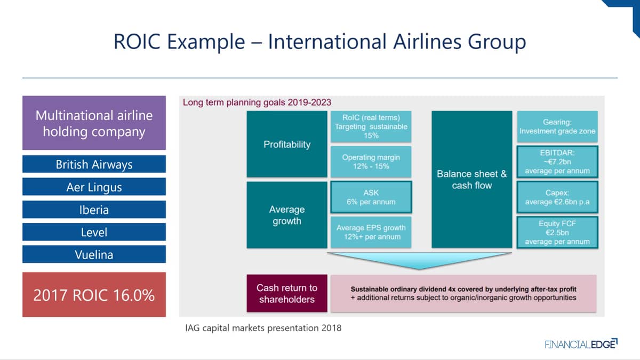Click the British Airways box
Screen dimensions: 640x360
[94, 164]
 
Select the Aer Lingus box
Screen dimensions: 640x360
[94, 187]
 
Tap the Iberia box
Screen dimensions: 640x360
[94, 210]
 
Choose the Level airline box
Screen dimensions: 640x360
[94, 232]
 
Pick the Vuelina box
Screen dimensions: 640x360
[94, 254]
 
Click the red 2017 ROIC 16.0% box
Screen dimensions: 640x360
[94, 294]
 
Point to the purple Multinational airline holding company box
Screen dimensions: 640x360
[94, 123]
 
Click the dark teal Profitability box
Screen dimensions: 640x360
[287, 144]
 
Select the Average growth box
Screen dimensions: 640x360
[287, 215]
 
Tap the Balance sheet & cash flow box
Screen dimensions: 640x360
[471, 179]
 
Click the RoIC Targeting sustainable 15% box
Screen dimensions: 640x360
[371, 126]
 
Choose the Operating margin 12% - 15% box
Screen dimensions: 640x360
[371, 162]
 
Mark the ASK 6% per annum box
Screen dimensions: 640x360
[371, 197]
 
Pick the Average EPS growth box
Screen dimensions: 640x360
[371, 233]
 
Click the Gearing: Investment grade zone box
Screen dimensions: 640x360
[557, 126]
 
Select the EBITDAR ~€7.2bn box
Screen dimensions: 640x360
[557, 162]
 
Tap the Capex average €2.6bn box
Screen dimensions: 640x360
[557, 197]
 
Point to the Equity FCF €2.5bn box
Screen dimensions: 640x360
[557, 233]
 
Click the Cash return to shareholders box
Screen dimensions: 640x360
[287, 293]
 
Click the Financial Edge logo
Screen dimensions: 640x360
[581, 343]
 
